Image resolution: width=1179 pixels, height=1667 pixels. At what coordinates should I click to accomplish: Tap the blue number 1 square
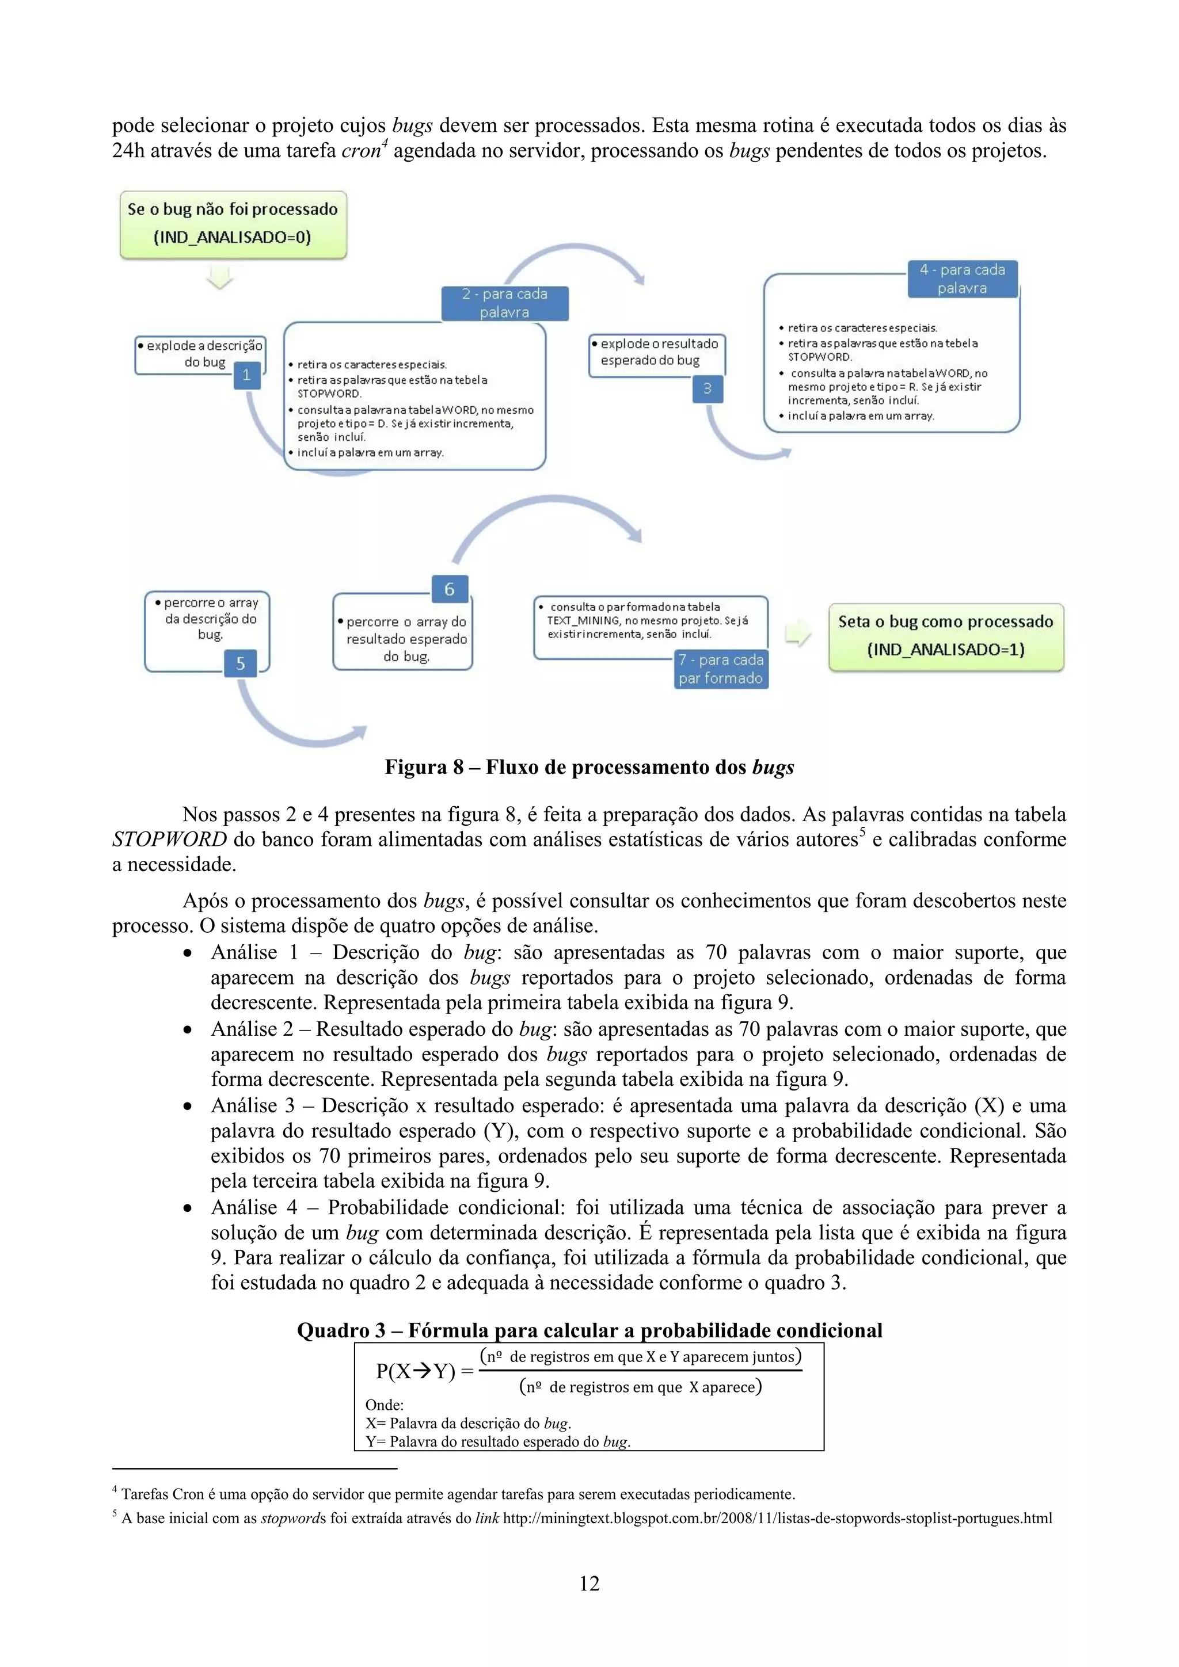coord(246,375)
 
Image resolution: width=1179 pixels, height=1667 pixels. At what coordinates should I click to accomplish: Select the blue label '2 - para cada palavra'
coord(505,303)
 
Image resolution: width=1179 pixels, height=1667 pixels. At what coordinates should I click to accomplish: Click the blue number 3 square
coord(707,388)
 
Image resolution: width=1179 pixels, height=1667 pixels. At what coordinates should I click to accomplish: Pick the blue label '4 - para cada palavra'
coord(962,279)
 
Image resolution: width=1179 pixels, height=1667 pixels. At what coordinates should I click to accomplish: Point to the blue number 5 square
coord(241,663)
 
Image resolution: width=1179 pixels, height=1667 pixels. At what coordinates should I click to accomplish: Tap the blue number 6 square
coord(449,589)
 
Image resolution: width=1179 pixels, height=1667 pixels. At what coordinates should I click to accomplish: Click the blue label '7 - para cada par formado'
coord(721,669)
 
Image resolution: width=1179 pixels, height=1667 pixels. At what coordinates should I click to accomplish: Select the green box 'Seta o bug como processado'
coord(945,635)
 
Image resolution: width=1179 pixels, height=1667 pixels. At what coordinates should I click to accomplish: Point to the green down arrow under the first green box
coord(219,277)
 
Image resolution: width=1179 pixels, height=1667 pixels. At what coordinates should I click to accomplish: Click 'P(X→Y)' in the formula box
coord(415,1371)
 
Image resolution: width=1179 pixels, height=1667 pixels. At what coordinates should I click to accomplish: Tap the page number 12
coord(589,1584)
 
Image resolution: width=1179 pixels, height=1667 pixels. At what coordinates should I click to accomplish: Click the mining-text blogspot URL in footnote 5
coord(777,1517)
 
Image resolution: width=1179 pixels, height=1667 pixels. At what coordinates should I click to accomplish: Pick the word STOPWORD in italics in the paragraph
coord(169,840)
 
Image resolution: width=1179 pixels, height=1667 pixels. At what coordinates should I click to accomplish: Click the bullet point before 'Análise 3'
coord(188,1107)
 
